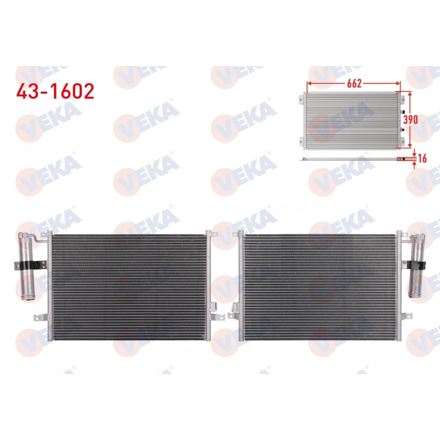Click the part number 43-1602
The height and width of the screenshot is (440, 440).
(55, 91)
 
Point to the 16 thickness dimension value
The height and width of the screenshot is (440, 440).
(422, 158)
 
